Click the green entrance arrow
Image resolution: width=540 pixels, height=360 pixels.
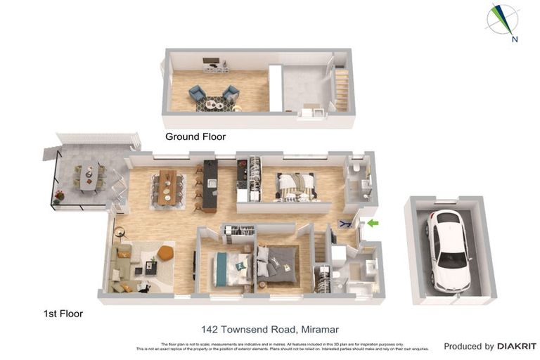pyautogui.click(x=373, y=224)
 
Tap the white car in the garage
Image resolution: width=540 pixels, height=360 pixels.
pyautogui.click(x=448, y=250)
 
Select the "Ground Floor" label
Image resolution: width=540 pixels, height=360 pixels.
pyautogui.click(x=195, y=136)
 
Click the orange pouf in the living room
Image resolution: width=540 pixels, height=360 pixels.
pyautogui.click(x=165, y=252)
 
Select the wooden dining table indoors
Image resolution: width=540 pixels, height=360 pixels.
pyautogui.click(x=167, y=187)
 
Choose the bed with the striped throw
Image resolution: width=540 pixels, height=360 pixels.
pyautogui.click(x=296, y=186)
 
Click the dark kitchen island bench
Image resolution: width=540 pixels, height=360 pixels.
pyautogui.click(x=210, y=186)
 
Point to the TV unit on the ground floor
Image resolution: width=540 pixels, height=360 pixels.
pyautogui.click(x=215, y=67)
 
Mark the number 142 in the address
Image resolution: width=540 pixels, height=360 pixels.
pyautogui.click(x=210, y=328)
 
